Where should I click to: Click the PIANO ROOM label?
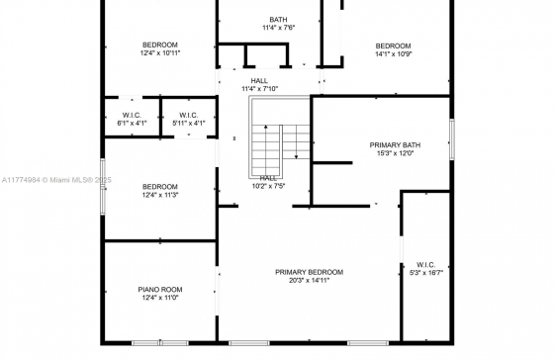[x=160, y=290]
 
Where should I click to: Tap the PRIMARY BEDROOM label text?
[x=309, y=272]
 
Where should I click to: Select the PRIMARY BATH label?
[x=395, y=145]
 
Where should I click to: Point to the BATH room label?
[x=278, y=20]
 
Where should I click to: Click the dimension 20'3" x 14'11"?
[x=309, y=281]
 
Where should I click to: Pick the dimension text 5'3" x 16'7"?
[x=426, y=273]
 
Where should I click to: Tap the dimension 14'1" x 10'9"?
[x=394, y=54]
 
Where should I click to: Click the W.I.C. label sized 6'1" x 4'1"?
[x=132, y=115]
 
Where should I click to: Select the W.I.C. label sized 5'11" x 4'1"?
[x=189, y=115]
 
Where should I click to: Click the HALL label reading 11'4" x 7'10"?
[x=259, y=81]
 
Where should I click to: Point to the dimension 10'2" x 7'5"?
[x=268, y=186]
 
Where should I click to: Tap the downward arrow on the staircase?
[x=296, y=141]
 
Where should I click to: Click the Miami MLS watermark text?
[x=56, y=180]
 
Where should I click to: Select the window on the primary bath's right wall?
[x=451, y=139]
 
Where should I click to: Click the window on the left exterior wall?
[x=103, y=187]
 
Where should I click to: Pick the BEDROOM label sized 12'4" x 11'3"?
[x=160, y=187]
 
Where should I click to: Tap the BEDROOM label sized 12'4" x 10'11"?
[x=160, y=45]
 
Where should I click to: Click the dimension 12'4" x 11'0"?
[x=160, y=298]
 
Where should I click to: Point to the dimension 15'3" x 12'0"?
[x=395, y=153]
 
